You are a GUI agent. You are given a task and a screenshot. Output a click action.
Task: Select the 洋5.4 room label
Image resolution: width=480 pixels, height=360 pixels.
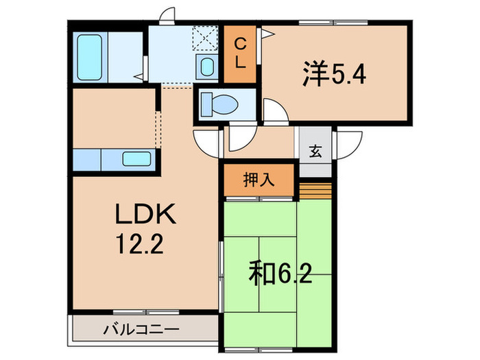(334, 73)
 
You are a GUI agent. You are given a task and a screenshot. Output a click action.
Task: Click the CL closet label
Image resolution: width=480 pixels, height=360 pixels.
(241, 51)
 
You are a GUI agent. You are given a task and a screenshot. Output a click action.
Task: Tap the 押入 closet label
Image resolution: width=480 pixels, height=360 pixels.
(259, 180)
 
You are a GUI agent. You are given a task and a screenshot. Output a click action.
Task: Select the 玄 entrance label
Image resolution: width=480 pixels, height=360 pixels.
(314, 152)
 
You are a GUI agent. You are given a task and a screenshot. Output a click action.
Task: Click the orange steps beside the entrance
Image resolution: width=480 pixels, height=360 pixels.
(315, 187)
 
